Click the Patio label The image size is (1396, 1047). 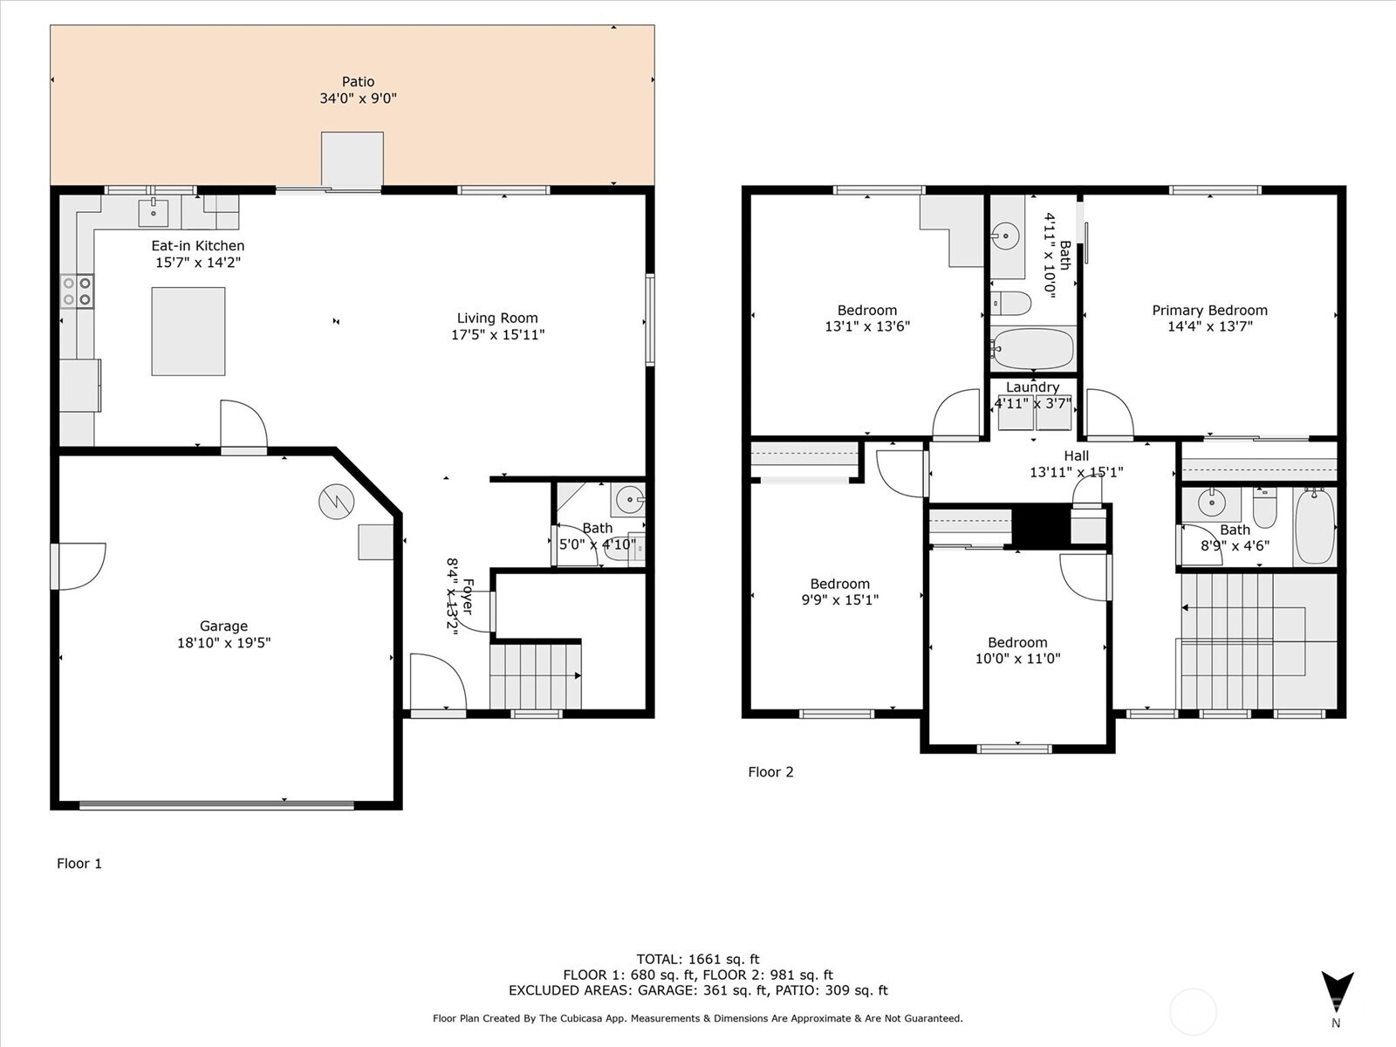[358, 82]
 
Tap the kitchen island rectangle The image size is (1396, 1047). [188, 332]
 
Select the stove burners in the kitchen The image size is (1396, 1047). [77, 291]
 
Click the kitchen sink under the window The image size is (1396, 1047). [154, 211]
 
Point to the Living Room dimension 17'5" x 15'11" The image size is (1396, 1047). [497, 334]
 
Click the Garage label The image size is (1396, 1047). [223, 626]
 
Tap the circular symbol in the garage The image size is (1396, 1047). [336, 502]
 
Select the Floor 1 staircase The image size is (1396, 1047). [535, 676]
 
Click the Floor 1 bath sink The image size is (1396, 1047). [629, 501]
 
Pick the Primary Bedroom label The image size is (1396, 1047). [1209, 310]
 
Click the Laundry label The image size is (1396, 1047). [1032, 387]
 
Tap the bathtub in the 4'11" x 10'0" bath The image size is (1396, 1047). [1033, 349]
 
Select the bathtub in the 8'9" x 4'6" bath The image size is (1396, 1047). [1315, 526]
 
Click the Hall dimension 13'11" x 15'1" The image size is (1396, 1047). [1076, 472]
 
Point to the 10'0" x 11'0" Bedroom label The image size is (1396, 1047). [1017, 642]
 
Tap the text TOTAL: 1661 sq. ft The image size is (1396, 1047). [698, 959]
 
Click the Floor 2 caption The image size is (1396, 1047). [770, 771]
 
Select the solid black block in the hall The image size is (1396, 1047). [1040, 525]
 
